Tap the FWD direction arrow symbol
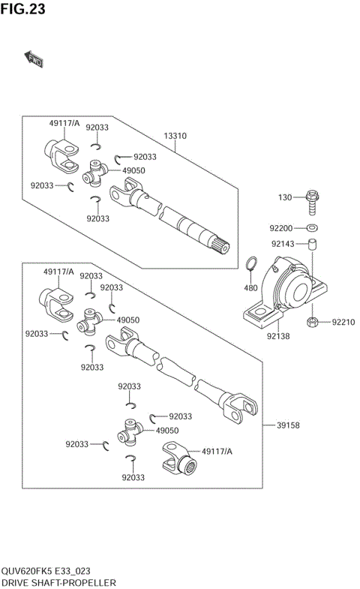(34, 59)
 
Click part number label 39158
(288, 425)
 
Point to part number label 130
(284, 197)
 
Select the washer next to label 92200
(311, 227)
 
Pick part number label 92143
(283, 243)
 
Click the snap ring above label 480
(252, 264)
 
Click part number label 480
(250, 288)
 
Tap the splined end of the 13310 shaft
(223, 246)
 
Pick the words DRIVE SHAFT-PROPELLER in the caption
(58, 582)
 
